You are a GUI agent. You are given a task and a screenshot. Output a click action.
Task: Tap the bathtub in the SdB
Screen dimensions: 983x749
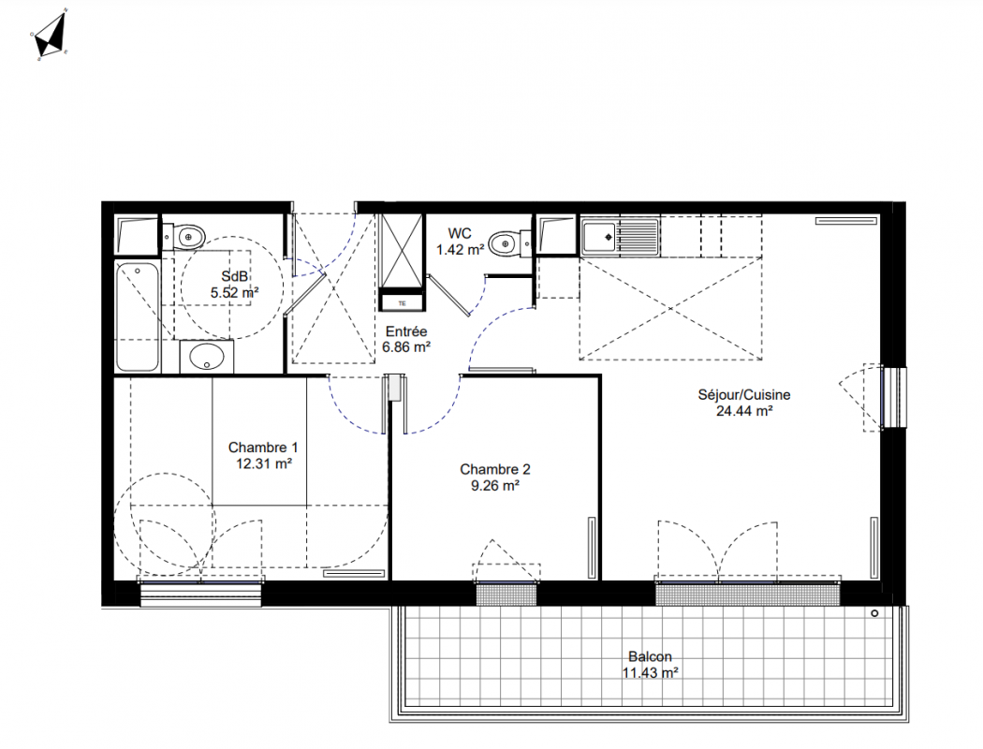tap(138, 316)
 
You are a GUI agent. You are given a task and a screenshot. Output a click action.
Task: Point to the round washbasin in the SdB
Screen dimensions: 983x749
tap(207, 358)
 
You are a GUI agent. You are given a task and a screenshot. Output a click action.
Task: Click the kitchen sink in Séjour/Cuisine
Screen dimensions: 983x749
tap(620, 237)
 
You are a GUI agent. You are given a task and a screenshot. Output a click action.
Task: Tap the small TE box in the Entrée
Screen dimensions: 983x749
tap(402, 303)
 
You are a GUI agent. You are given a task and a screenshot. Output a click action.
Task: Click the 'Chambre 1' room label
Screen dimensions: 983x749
tap(263, 448)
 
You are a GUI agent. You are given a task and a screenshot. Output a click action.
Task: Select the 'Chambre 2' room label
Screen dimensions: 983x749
tap(494, 469)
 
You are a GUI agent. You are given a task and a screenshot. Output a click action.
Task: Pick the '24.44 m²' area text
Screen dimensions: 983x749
tap(744, 411)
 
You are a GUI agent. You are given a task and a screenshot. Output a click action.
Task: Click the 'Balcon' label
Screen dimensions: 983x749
tap(650, 657)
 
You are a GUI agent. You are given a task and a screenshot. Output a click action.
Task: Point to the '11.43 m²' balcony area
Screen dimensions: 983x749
tap(650, 673)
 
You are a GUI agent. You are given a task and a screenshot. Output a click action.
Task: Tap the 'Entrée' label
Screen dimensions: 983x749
tap(406, 331)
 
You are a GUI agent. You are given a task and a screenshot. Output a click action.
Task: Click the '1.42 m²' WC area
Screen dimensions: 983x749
tap(461, 249)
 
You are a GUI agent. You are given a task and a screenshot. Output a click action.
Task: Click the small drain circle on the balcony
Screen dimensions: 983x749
tap(874, 613)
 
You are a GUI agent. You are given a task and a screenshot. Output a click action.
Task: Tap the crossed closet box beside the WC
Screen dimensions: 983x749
tap(402, 251)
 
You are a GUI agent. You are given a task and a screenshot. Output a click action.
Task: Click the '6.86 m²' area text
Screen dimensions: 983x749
tap(406, 346)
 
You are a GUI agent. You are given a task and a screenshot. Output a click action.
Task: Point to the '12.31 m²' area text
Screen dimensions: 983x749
tap(263, 463)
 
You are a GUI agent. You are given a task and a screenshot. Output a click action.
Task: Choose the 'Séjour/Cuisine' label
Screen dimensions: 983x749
tap(744, 395)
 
